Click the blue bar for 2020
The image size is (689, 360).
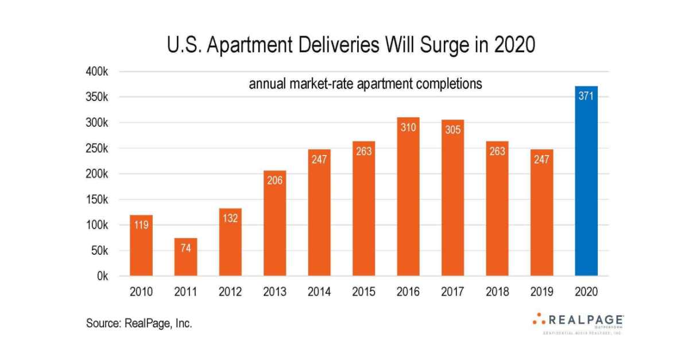[x=586, y=184]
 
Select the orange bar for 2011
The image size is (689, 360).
[x=185, y=258]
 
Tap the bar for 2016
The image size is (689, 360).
[x=408, y=198]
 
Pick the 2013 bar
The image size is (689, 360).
[x=274, y=224]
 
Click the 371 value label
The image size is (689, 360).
[x=586, y=96]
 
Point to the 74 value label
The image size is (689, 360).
[x=185, y=248]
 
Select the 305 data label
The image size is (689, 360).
[x=452, y=130]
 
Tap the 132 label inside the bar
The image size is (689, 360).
[x=230, y=218]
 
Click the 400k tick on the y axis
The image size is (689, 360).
[x=98, y=72]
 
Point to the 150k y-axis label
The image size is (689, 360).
[x=98, y=200]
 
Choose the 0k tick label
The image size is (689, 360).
[x=102, y=276]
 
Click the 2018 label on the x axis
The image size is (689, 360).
[x=497, y=292]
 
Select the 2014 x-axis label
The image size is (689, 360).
[x=319, y=292]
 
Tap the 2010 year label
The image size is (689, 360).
[x=141, y=292]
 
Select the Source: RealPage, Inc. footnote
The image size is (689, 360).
[x=139, y=323]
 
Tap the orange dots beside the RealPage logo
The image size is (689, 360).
[x=539, y=318]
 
